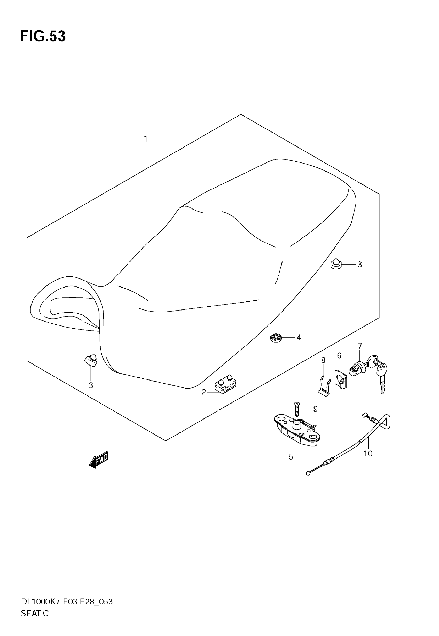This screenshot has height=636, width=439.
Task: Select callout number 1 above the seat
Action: tap(146, 139)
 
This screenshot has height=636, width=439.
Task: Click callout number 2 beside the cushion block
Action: tap(203, 393)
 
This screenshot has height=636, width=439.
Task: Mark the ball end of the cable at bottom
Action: tap(308, 474)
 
